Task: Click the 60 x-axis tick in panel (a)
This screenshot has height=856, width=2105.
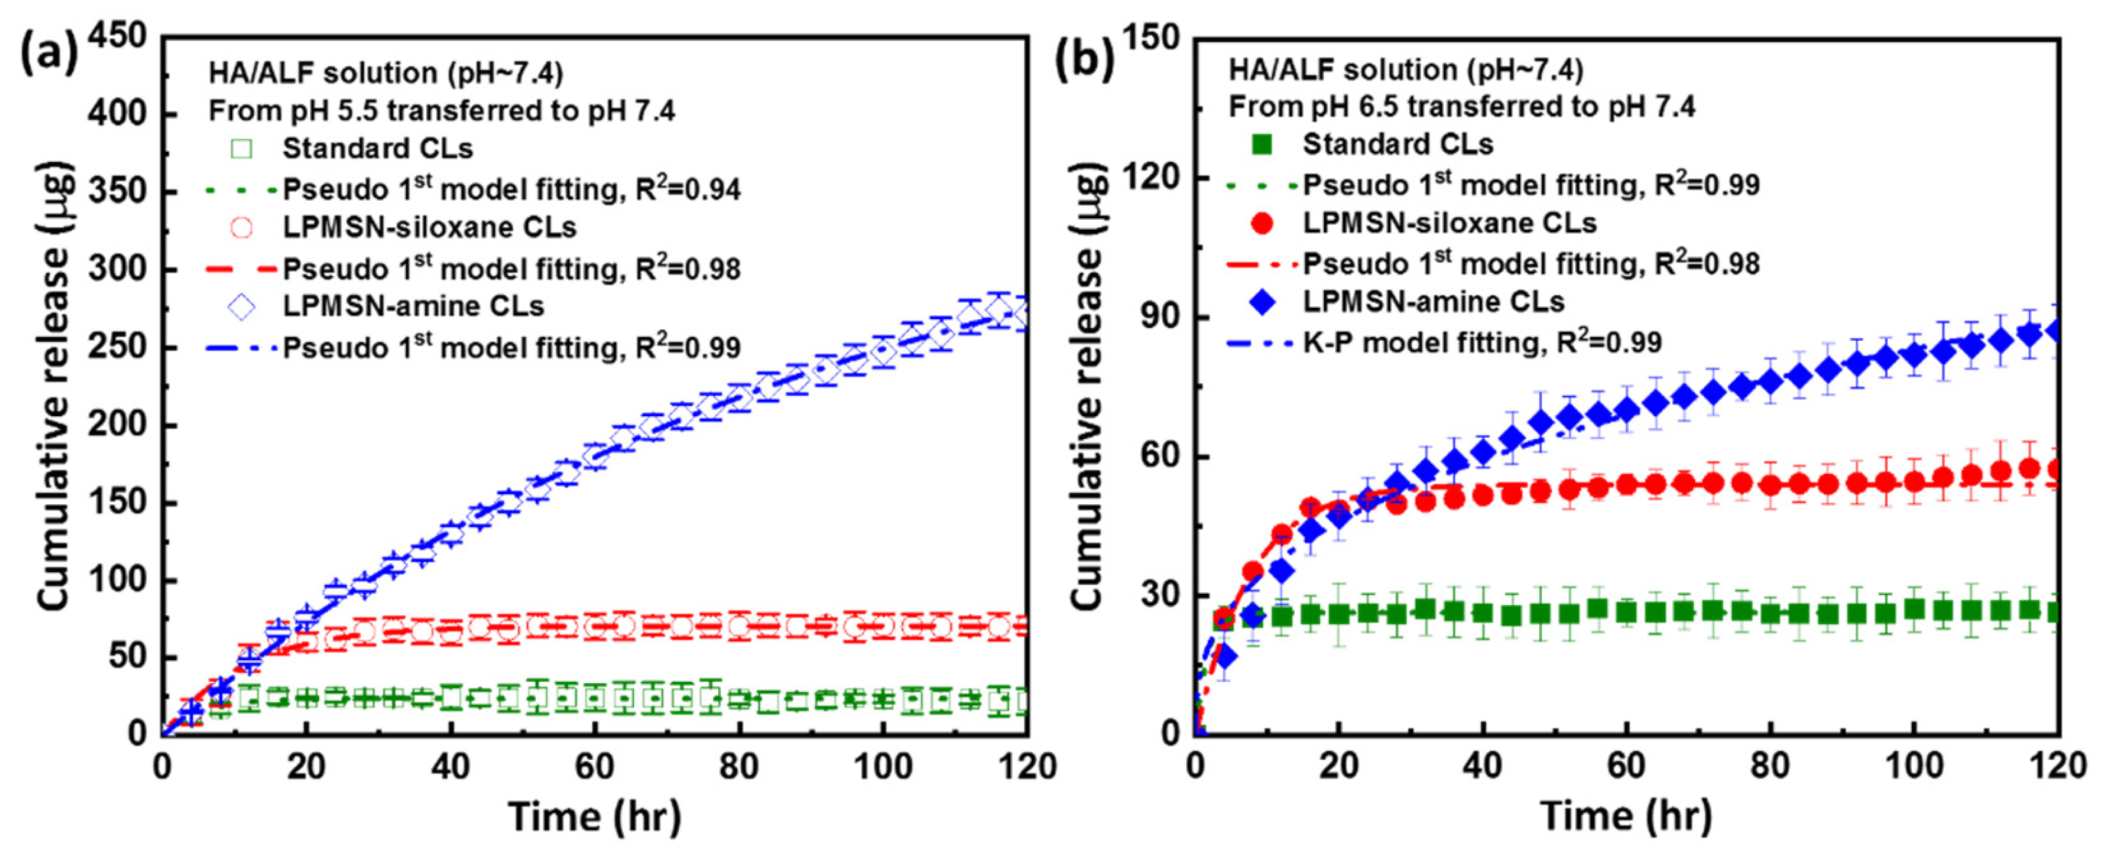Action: pyautogui.click(x=594, y=767)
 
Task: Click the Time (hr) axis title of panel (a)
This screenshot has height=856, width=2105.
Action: pyautogui.click(x=594, y=816)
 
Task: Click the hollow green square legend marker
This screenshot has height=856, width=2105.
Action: pyautogui.click(x=242, y=149)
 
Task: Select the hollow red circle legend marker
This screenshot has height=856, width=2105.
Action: pyautogui.click(x=242, y=227)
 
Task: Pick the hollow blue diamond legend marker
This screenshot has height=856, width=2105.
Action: pyautogui.click(x=242, y=306)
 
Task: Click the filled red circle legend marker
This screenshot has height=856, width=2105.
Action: pyautogui.click(x=1262, y=223)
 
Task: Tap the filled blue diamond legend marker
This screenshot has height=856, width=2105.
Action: pyautogui.click(x=1262, y=302)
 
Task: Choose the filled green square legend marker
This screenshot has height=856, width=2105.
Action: pyautogui.click(x=1262, y=145)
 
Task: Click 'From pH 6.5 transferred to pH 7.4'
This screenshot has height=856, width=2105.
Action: pyautogui.click(x=1462, y=107)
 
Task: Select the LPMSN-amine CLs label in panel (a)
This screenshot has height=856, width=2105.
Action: pyautogui.click(x=413, y=306)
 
